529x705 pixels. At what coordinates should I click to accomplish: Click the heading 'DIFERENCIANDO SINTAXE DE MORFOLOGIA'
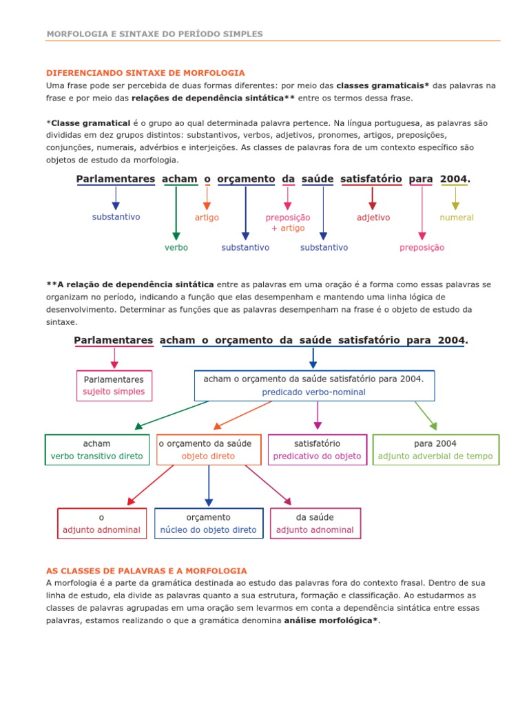pyautogui.click(x=145, y=72)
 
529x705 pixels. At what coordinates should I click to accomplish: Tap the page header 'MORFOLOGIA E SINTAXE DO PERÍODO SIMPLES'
pyautogui.click(x=154, y=34)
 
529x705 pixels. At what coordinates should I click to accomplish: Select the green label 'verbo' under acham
pyautogui.click(x=176, y=247)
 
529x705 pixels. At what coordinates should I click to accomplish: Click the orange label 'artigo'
pyautogui.click(x=207, y=218)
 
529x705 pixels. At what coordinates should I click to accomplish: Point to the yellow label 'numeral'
pyautogui.click(x=457, y=218)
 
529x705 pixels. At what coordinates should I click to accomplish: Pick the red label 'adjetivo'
pyautogui.click(x=373, y=218)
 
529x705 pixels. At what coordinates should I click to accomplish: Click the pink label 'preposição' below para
pyautogui.click(x=422, y=247)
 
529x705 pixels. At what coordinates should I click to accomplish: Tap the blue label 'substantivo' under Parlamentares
pyautogui.click(x=116, y=217)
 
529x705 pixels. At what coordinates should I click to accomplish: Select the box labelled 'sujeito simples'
pyautogui.click(x=114, y=386)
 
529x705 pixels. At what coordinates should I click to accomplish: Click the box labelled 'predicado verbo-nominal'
pyautogui.click(x=314, y=386)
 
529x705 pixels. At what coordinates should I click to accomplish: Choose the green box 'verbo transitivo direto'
pyautogui.click(x=97, y=450)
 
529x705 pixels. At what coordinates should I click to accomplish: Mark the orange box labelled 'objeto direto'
pyautogui.click(x=208, y=450)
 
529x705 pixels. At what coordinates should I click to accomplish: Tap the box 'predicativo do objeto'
pyautogui.click(x=317, y=450)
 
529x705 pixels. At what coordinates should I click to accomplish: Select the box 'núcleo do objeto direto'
pyautogui.click(x=208, y=523)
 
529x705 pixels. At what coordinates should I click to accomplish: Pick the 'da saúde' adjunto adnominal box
pyautogui.click(x=315, y=523)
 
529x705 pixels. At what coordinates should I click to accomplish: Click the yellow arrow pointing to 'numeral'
pyautogui.click(x=455, y=199)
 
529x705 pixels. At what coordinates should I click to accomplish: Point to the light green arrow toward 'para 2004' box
pyautogui.click(x=426, y=416)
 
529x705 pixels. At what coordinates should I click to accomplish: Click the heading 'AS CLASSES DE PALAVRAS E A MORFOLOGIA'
pyautogui.click(x=146, y=571)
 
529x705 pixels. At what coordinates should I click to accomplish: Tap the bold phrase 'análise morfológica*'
pyautogui.click(x=331, y=621)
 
